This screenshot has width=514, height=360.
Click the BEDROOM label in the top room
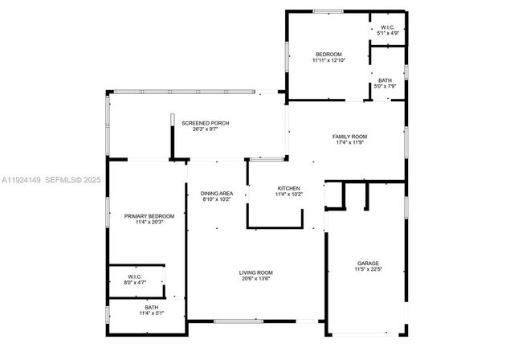coord(328,54)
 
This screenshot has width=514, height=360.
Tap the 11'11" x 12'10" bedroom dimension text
coord(328,60)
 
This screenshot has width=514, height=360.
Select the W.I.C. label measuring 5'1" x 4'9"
coord(388,27)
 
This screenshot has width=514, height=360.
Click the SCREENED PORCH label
coord(206,123)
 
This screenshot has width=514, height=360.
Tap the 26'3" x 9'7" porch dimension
coord(206,129)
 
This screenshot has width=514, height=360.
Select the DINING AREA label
coord(217,193)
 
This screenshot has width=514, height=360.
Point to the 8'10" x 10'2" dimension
coord(217,199)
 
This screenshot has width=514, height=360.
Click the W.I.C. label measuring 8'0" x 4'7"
coord(134,276)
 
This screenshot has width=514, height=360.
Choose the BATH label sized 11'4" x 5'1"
coord(152,307)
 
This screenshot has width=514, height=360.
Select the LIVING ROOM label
coord(255,272)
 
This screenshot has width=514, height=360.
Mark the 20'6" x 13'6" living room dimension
coord(255,279)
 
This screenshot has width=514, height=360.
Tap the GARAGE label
coord(369,263)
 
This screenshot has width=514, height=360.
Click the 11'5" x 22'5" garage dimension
coord(369,269)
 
